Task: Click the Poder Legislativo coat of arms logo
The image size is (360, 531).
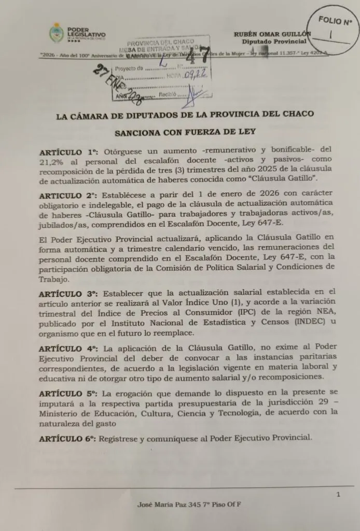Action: pos(56,33)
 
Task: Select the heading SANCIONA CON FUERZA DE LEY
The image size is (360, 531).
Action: pos(185,133)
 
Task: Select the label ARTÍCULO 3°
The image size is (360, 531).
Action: pos(67,292)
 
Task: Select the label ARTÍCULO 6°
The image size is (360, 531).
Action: pos(67,439)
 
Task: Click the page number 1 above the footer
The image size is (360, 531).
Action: pos(338,495)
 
